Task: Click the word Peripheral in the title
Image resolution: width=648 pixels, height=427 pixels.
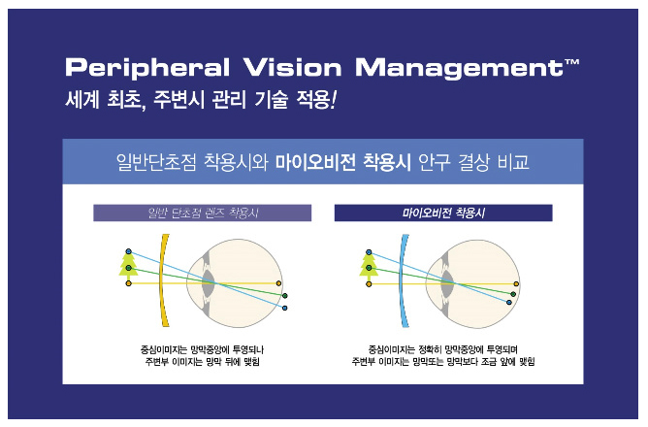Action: pyautogui.click(x=147, y=68)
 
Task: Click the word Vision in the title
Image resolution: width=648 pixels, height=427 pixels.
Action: pyautogui.click(x=293, y=67)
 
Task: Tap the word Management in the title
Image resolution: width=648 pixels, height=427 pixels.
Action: pyautogui.click(x=459, y=68)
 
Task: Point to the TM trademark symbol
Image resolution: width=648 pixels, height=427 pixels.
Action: pyautogui.click(x=572, y=62)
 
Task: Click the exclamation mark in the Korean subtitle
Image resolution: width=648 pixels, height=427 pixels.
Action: pyautogui.click(x=334, y=100)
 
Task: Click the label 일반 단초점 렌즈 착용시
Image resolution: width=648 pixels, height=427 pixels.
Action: pyautogui.click(x=203, y=213)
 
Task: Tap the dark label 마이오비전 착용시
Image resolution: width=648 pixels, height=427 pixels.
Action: pyautogui.click(x=443, y=213)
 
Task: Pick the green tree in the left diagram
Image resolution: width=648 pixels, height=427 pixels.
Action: pyautogui.click(x=128, y=265)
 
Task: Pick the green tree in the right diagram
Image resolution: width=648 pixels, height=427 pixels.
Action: pyautogui.click(x=369, y=265)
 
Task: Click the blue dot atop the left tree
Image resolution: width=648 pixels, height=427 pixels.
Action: pyautogui.click(x=128, y=251)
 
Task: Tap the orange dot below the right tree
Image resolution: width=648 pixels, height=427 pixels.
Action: pyautogui.click(x=369, y=284)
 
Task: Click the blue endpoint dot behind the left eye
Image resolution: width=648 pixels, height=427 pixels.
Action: pyautogui.click(x=285, y=308)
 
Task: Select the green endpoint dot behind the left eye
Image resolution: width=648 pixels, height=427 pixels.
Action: pyautogui.click(x=285, y=296)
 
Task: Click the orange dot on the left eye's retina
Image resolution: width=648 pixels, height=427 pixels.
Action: pyautogui.click(x=279, y=283)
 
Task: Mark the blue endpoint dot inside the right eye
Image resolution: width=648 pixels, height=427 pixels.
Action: pyautogui.click(x=509, y=303)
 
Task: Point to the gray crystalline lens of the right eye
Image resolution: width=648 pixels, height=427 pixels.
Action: pyautogui.click(x=447, y=284)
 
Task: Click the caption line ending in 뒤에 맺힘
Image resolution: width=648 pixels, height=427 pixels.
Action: pyautogui.click(x=202, y=362)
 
